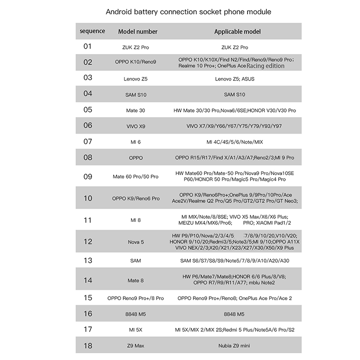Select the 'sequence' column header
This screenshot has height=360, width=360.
(x=93, y=31)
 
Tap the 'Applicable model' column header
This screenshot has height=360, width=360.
(x=237, y=31)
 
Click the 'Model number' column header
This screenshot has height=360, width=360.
(x=138, y=31)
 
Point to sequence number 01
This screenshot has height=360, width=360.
(x=88, y=46)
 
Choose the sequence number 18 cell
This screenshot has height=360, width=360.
(x=88, y=346)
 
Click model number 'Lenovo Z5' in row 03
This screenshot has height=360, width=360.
(x=135, y=79)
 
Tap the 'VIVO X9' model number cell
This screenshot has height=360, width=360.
(x=135, y=126)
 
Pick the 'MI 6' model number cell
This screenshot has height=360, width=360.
(x=135, y=142)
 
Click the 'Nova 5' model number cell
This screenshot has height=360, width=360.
(x=135, y=242)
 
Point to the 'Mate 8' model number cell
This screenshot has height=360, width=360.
(x=135, y=280)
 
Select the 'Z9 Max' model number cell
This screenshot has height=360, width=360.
(x=135, y=346)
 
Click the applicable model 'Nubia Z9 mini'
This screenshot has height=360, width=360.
(x=235, y=346)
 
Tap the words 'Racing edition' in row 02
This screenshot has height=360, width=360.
(x=265, y=66)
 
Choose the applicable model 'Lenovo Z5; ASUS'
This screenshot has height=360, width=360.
(x=235, y=79)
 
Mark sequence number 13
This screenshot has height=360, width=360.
(x=88, y=261)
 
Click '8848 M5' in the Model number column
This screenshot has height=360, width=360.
(x=135, y=314)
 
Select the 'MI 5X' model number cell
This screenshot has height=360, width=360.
(x=135, y=330)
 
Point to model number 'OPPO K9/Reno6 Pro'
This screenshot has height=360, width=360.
(x=135, y=198)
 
